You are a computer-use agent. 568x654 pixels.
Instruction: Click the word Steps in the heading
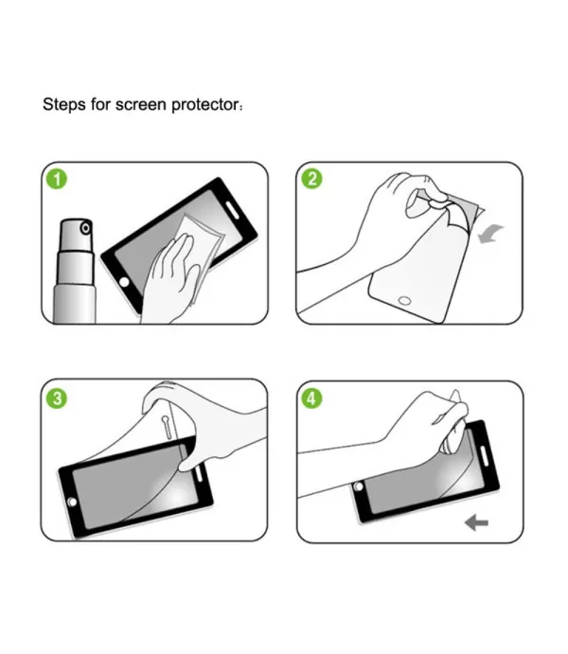click(63, 104)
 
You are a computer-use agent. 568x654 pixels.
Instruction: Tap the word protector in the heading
click(204, 105)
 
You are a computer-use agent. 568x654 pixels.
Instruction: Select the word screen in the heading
click(140, 105)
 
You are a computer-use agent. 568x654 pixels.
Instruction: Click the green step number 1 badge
click(57, 179)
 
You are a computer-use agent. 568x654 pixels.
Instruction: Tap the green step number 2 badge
click(312, 179)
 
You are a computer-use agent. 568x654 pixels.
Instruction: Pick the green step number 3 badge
click(57, 398)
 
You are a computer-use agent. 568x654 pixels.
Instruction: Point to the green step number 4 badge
click(311, 398)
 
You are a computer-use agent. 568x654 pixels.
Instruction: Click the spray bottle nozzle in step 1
click(86, 228)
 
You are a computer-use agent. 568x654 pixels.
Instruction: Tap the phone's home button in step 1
click(124, 282)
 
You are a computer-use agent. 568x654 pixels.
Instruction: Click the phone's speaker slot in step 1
click(231, 210)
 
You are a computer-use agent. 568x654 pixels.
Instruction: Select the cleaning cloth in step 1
click(199, 255)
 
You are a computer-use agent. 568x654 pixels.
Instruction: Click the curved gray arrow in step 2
click(489, 233)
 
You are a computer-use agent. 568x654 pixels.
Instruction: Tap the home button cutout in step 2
click(404, 300)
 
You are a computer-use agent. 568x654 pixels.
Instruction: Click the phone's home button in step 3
click(72, 502)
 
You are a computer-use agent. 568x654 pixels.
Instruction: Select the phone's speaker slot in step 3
click(199, 472)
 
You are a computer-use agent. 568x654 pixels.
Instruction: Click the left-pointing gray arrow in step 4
click(476, 522)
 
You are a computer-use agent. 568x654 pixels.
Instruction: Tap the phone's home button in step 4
click(358, 486)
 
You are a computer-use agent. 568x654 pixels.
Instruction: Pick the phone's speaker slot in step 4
click(484, 456)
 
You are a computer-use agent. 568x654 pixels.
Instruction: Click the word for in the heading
click(100, 104)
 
